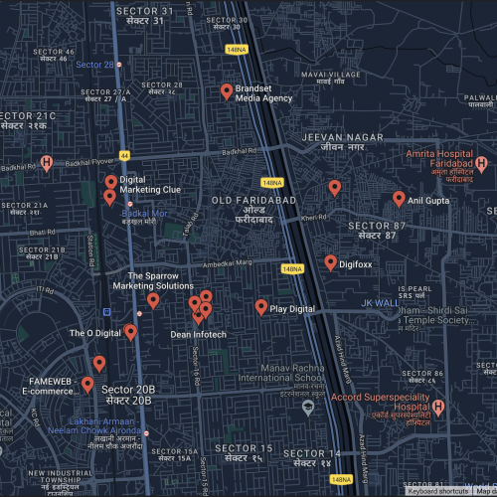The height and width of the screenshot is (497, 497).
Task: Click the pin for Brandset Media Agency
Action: click(x=227, y=91)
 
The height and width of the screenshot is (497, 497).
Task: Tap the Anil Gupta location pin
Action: click(x=399, y=198)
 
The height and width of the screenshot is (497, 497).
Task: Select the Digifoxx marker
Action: click(x=330, y=262)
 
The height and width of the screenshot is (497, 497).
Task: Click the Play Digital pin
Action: click(x=261, y=307)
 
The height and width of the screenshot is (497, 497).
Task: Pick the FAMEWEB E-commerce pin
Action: click(x=87, y=385)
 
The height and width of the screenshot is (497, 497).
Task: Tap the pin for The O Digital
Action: click(x=130, y=332)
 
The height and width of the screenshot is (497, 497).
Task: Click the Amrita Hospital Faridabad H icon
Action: click(x=481, y=163)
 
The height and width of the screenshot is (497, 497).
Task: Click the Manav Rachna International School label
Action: click(x=280, y=372)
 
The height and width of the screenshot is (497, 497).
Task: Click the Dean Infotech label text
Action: click(x=198, y=335)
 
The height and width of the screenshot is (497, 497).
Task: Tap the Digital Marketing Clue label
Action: click(x=150, y=184)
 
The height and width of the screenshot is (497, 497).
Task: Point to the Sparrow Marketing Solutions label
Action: click(x=152, y=279)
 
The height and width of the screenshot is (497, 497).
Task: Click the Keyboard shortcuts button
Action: click(x=437, y=491)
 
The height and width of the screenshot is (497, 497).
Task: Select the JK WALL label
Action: click(x=379, y=302)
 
